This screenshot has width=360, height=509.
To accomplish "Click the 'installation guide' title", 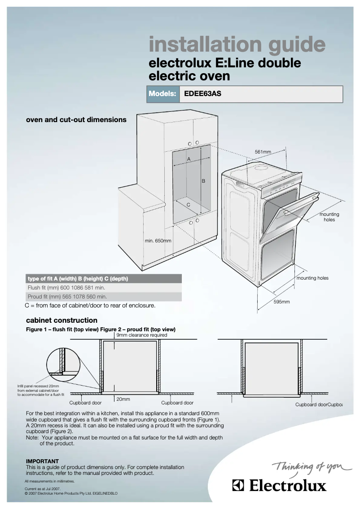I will click(237, 45).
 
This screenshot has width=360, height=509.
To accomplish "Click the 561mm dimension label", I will click(263, 152).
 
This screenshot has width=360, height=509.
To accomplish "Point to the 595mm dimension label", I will click(282, 302).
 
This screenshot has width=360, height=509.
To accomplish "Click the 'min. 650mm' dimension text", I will click(158, 241).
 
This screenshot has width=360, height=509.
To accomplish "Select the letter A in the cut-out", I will click(189, 159).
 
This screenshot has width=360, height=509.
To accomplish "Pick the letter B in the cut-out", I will click(203, 181).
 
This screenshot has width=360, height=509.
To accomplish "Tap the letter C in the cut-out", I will click(189, 205).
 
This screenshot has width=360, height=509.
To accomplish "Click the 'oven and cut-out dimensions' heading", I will click(76, 120).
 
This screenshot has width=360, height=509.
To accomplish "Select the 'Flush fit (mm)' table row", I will click(104, 287).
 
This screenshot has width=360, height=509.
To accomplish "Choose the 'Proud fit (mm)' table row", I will click(104, 297).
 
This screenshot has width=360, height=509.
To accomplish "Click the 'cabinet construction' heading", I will click(61, 320).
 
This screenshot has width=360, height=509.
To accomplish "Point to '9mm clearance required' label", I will click(141, 335).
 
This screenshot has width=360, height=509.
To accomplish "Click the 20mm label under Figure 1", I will click(123, 399).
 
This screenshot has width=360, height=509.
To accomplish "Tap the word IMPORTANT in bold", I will click(42, 461).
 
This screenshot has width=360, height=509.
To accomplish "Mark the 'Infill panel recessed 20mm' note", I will click(41, 390).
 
